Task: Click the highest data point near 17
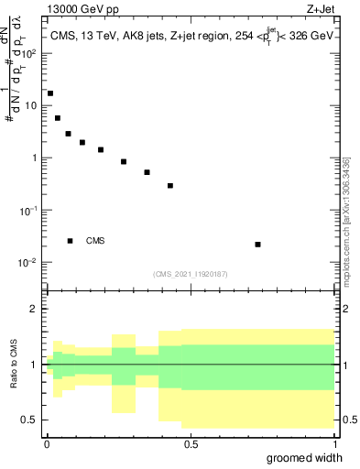[50, 93]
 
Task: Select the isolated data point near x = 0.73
[257, 245]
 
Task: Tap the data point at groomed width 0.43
[170, 186]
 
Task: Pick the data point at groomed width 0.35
[147, 172]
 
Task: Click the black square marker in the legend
[70, 241]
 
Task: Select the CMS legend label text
[95, 241]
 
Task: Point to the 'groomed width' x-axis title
[310, 457]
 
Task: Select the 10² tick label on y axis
[31, 53]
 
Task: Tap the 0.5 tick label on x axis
[191, 443]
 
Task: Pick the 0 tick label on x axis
[46, 443]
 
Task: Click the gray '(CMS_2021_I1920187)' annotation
[191, 274]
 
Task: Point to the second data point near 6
[58, 118]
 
